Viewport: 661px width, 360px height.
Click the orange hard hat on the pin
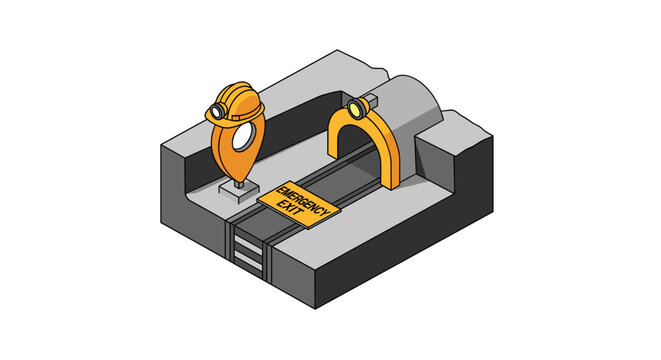pyautogui.click(x=240, y=97)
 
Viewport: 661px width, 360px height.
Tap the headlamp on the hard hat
pyautogui.click(x=217, y=110)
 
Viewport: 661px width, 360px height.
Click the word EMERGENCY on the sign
pyautogui.click(x=294, y=197)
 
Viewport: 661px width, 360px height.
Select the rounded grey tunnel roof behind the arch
pyautogui.click(x=415, y=100)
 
